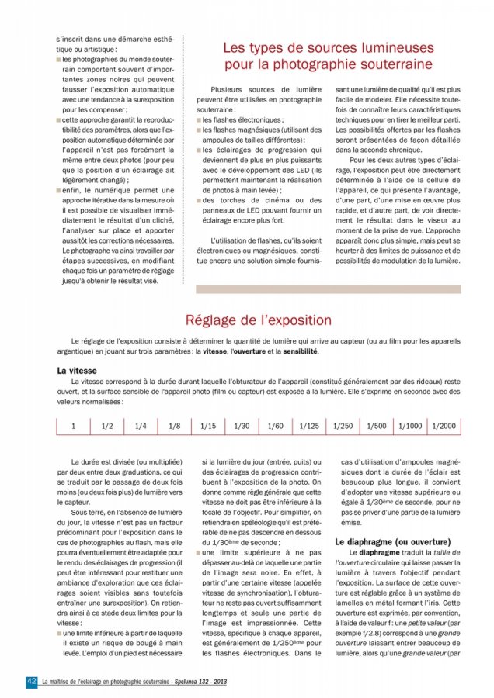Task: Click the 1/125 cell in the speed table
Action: (x=309, y=426)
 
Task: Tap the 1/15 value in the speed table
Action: (x=208, y=426)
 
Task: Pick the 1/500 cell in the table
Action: (x=377, y=426)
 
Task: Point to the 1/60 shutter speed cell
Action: (x=276, y=426)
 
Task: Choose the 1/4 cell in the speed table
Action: (x=141, y=426)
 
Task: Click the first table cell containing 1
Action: (x=74, y=426)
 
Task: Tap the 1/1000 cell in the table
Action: (x=410, y=426)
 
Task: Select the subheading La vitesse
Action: (x=77, y=371)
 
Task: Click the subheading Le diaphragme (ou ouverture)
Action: (x=393, y=541)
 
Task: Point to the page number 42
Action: (x=32, y=680)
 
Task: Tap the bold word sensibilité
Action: (x=296, y=351)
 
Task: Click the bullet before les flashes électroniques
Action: (x=199, y=121)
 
